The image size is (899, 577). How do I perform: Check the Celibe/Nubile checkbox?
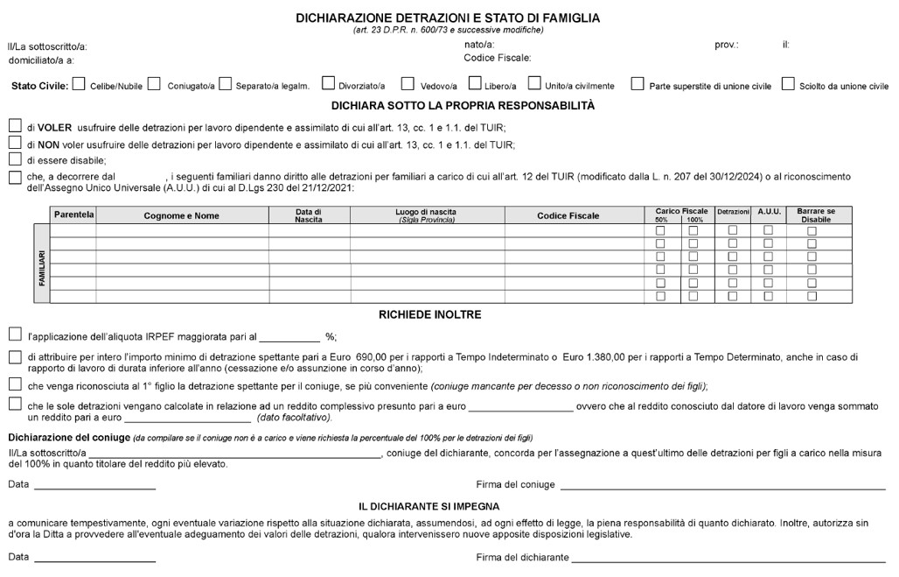79,85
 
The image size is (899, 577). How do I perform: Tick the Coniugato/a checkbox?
154,85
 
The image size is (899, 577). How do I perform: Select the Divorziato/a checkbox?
328,85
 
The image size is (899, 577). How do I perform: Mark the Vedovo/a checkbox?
408,85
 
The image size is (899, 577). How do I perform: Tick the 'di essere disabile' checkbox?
15,159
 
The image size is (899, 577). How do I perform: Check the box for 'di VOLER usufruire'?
15,126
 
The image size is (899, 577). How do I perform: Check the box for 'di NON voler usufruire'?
15,143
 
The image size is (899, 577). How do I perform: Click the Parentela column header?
73,215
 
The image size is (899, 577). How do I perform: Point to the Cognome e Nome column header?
182,215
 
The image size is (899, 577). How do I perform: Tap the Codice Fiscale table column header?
568,215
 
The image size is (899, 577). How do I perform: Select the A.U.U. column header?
769,212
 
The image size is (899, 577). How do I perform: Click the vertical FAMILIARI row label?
42,267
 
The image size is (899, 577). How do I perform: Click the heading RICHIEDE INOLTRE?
429,314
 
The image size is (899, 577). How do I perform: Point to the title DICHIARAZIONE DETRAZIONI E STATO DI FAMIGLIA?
448,18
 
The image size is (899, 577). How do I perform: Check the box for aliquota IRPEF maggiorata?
15,334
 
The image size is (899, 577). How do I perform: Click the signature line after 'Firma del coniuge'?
722,486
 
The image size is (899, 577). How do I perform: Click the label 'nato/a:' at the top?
479,45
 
